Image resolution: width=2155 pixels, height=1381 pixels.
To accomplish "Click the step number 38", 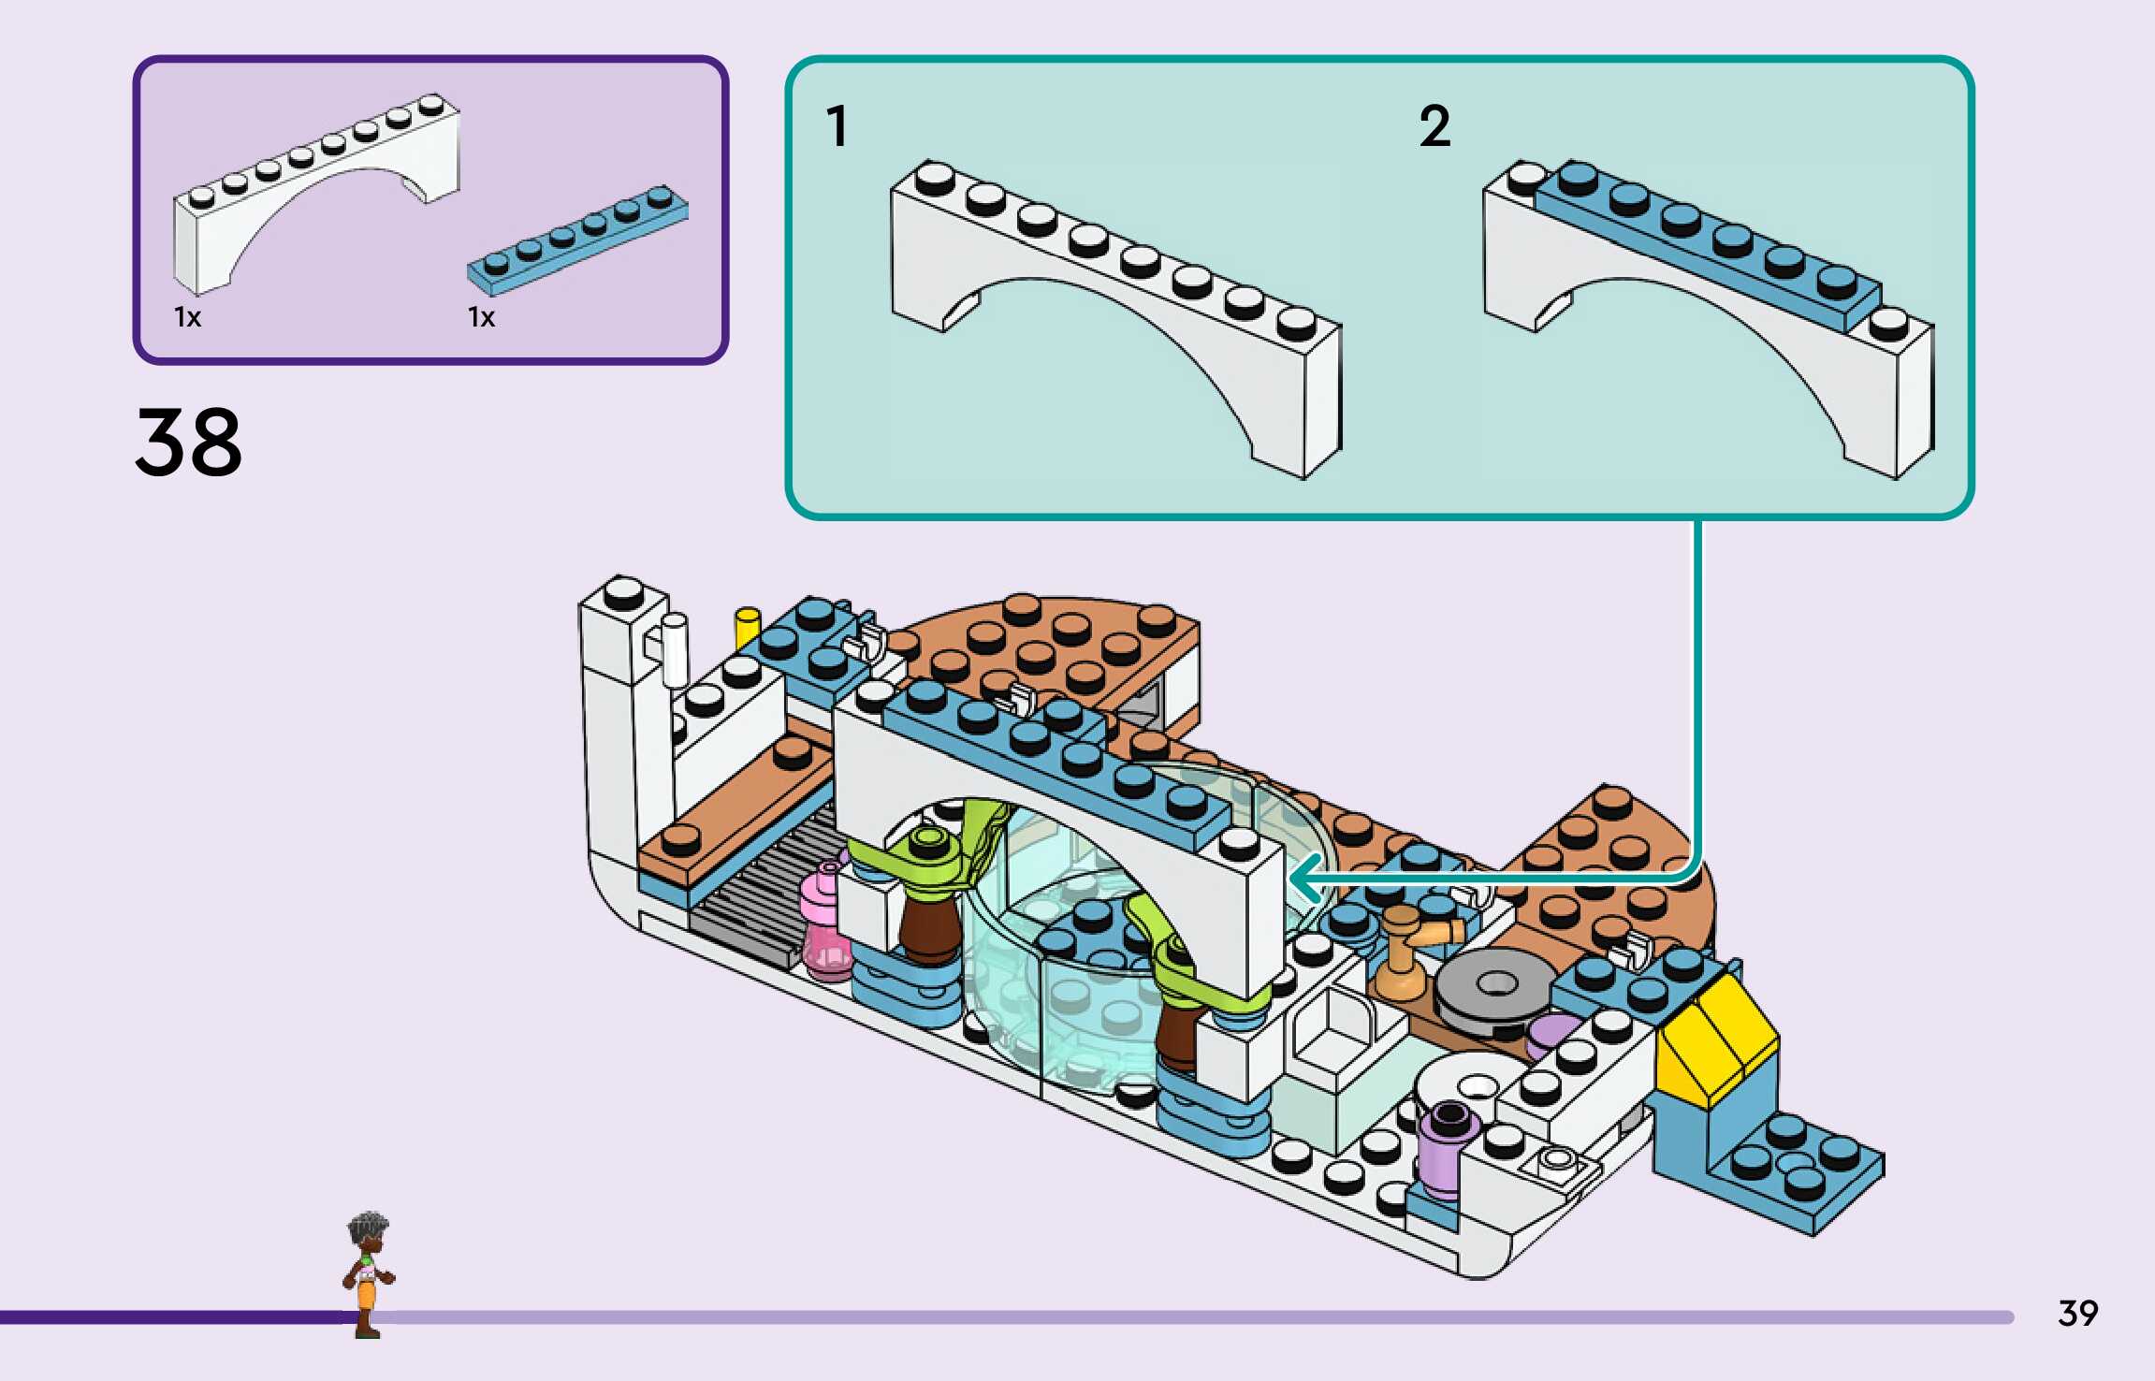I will pyautogui.click(x=188, y=442).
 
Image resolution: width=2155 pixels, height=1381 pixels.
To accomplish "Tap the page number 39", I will pyautogui.click(x=2077, y=1314).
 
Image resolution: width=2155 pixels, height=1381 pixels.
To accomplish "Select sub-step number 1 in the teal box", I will pyautogui.click(x=837, y=126).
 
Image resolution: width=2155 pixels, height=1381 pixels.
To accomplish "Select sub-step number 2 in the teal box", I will pyautogui.click(x=1434, y=126).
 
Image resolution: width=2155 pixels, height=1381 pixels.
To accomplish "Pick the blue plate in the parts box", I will pyautogui.click(x=577, y=239).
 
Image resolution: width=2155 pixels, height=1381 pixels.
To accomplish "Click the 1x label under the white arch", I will pyautogui.click(x=187, y=317).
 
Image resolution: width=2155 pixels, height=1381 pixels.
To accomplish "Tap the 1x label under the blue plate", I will pyautogui.click(x=481, y=317).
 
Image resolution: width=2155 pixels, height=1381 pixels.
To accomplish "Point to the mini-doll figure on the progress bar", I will pyautogui.click(x=368, y=1272).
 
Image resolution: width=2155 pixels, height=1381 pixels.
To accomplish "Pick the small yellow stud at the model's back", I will pyautogui.click(x=747, y=627).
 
